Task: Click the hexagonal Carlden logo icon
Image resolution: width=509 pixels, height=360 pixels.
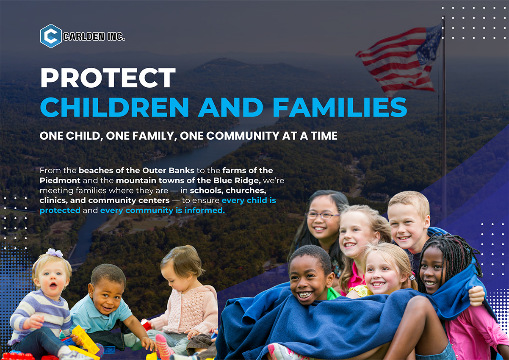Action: [51, 36]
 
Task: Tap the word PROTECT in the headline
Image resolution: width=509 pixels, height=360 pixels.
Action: [108, 78]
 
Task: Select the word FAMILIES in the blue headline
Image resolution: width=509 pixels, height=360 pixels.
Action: [340, 107]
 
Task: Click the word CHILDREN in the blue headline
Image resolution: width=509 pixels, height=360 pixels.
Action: [114, 107]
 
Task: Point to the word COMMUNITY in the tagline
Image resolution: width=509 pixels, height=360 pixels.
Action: [243, 136]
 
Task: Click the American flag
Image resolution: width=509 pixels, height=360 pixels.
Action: [399, 60]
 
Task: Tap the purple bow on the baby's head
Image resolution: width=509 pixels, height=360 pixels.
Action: [54, 253]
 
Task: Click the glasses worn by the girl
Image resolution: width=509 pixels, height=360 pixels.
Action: [322, 215]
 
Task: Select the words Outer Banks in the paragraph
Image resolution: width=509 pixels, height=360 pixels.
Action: [169, 170]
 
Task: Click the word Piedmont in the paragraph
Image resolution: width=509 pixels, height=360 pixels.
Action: [60, 180]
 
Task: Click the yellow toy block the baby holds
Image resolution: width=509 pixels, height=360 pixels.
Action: [85, 339]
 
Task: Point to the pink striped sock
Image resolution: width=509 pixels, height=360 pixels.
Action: [163, 346]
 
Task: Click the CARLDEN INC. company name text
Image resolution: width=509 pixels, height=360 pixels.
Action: [94, 36]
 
